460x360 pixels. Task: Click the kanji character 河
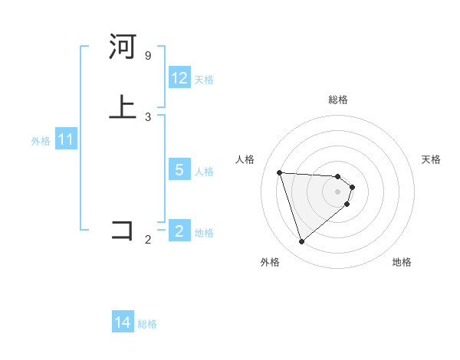click(x=123, y=47)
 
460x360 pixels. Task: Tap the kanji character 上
click(x=123, y=106)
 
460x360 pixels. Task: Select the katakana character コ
click(x=123, y=230)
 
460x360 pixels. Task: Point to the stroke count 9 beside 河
click(x=148, y=56)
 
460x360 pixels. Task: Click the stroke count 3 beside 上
click(x=148, y=117)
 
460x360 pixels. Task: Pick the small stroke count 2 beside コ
click(x=148, y=241)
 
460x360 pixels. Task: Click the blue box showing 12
click(x=179, y=78)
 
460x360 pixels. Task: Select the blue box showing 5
click(x=179, y=170)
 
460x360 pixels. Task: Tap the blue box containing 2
click(x=179, y=231)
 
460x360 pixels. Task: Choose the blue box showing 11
click(x=66, y=140)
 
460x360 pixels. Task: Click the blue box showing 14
click(x=123, y=323)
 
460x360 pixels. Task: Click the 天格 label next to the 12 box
click(x=204, y=80)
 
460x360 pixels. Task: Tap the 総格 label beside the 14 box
click(x=147, y=325)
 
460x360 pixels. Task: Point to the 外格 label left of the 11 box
click(x=41, y=142)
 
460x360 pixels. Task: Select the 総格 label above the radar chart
click(x=338, y=100)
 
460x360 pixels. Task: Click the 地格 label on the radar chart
click(x=402, y=262)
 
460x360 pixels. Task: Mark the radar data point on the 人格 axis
click(x=280, y=172)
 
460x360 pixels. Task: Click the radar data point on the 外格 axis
click(x=301, y=242)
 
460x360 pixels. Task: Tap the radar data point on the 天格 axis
click(x=352, y=187)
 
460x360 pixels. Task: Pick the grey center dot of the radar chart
click(x=338, y=191)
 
